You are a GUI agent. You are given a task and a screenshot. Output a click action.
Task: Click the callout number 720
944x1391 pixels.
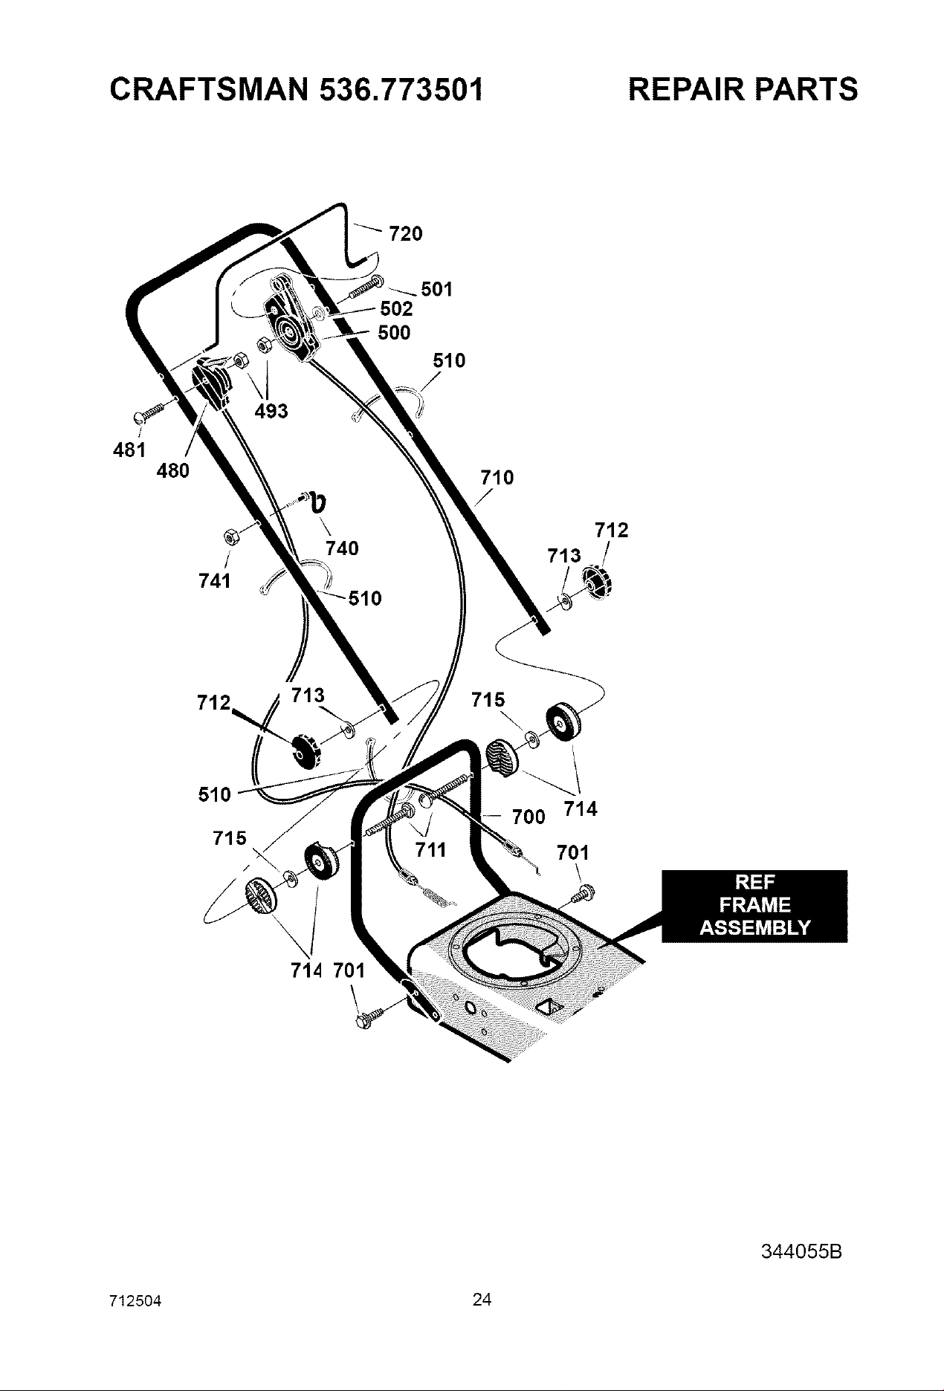(406, 234)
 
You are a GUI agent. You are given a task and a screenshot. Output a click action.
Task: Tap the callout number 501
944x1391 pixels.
(437, 289)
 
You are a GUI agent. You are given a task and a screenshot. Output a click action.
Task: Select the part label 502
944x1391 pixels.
(396, 309)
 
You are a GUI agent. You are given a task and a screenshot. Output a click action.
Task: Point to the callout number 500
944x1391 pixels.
(394, 333)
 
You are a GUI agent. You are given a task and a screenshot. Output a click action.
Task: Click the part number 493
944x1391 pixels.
(271, 411)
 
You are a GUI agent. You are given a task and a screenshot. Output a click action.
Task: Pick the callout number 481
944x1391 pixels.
(129, 450)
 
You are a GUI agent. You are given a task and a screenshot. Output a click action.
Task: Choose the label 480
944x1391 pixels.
(173, 470)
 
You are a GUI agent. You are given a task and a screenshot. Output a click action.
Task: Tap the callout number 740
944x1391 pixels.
(342, 548)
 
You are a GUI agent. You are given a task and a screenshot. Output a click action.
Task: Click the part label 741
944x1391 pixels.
(215, 580)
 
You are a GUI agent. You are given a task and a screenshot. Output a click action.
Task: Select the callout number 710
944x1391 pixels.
(497, 478)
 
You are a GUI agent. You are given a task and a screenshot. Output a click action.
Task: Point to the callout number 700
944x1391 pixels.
(529, 817)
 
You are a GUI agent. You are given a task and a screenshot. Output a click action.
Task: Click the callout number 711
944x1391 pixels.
(430, 849)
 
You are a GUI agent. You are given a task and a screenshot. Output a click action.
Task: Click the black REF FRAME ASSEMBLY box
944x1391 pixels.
(754, 905)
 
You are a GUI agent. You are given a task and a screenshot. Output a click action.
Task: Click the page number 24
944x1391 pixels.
(482, 1300)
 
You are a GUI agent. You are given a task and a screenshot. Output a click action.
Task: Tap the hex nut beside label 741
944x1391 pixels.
(230, 536)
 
